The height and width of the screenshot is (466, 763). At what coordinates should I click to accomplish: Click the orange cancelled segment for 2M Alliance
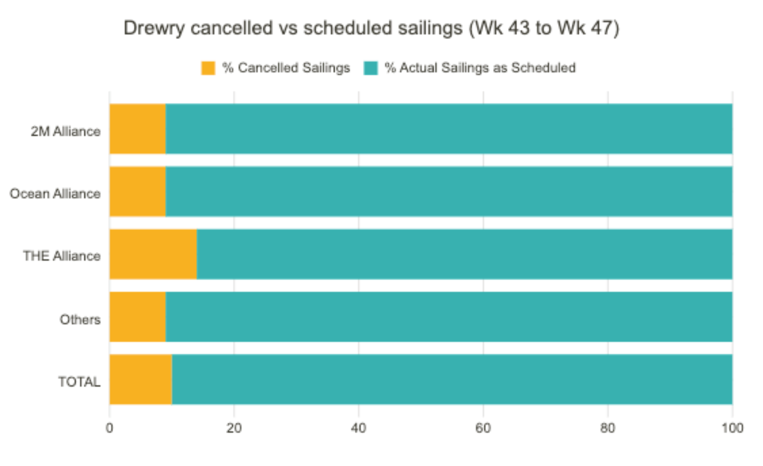[137, 129]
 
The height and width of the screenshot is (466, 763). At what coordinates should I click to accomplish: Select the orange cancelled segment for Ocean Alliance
[137, 191]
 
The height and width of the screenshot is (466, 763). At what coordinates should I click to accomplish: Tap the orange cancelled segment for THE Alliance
[153, 254]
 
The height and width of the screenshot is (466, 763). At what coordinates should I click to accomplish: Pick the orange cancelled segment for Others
[137, 316]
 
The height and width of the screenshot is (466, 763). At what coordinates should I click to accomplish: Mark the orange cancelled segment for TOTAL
[141, 379]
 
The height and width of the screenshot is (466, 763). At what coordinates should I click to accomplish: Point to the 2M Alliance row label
[66, 131]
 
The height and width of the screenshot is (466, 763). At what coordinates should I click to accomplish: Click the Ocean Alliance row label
[55, 193]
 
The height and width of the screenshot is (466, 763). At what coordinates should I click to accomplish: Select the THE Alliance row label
[62, 256]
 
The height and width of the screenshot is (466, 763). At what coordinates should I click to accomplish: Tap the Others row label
[80, 319]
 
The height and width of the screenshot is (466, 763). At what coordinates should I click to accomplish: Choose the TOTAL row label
[79, 382]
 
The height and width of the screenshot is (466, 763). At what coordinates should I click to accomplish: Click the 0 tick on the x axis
[110, 428]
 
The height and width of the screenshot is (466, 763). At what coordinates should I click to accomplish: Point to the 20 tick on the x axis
[234, 428]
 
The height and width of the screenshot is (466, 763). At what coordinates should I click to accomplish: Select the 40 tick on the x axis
[359, 428]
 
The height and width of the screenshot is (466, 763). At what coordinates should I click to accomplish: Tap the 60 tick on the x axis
[483, 428]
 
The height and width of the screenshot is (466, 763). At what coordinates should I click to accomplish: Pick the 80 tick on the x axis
[608, 428]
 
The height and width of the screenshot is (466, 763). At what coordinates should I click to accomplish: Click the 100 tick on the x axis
[732, 428]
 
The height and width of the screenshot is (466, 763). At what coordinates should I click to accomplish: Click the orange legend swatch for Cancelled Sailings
[208, 68]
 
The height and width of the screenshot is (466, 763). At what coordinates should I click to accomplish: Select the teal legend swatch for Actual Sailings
[371, 68]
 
